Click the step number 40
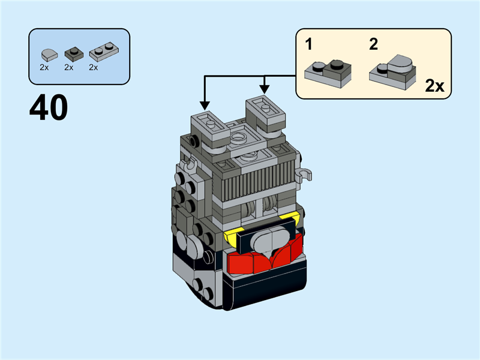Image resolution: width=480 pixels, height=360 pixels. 48,108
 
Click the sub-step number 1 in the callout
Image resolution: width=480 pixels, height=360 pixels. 309,44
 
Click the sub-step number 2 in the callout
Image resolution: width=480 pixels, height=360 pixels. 374,44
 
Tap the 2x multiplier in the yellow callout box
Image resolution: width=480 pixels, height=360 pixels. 434,86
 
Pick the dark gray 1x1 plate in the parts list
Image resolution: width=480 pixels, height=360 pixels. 72,52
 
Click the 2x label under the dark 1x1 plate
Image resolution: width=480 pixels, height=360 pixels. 68,67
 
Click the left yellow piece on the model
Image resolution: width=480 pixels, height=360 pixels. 229,239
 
